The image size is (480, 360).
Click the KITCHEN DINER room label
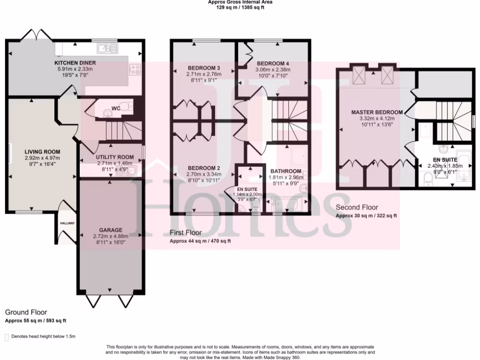click(x=75, y=62)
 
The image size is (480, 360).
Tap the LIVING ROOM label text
click(x=43, y=151)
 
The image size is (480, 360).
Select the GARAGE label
click(x=111, y=230)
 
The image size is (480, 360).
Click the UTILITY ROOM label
click(x=115, y=157)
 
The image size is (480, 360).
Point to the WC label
click(x=116, y=108)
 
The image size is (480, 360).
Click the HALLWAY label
click(x=67, y=223)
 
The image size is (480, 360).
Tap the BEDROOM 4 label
click(x=273, y=63)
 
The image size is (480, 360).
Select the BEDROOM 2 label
click(x=204, y=168)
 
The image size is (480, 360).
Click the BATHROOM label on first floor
click(x=285, y=171)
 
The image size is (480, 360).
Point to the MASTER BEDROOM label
click(x=377, y=112)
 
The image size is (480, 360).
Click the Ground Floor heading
click(x=26, y=312)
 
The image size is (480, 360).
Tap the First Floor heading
click(x=186, y=232)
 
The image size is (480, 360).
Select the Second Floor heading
click(x=357, y=207)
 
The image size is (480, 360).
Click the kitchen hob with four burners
click(x=135, y=70)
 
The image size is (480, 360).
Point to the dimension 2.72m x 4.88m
click(x=111, y=236)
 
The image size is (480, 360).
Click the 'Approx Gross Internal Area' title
click(x=240, y=2)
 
